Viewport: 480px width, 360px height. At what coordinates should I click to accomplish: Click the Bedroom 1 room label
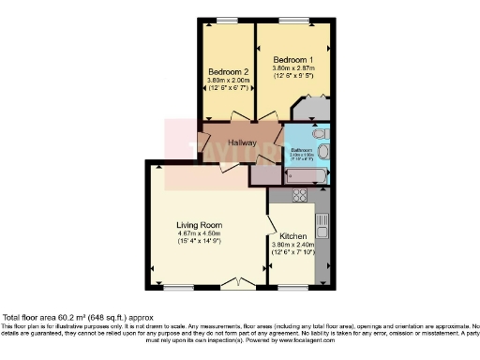pos(292,60)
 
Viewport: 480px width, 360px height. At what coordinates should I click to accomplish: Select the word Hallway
pos(241,142)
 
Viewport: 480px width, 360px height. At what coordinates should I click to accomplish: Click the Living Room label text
pos(199,225)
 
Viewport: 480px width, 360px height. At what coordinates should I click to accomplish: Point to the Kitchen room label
pos(295,235)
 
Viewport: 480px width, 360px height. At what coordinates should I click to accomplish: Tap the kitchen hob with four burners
pos(301,195)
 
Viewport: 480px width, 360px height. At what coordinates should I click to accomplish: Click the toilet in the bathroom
pos(323,149)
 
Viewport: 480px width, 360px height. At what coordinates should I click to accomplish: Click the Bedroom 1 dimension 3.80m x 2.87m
pos(292,67)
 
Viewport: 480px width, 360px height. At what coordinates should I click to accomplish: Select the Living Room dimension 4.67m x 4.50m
pos(199,234)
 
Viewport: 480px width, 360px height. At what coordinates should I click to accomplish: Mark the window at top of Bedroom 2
pos(225,21)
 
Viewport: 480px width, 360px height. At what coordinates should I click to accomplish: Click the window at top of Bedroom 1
pos(296,21)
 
